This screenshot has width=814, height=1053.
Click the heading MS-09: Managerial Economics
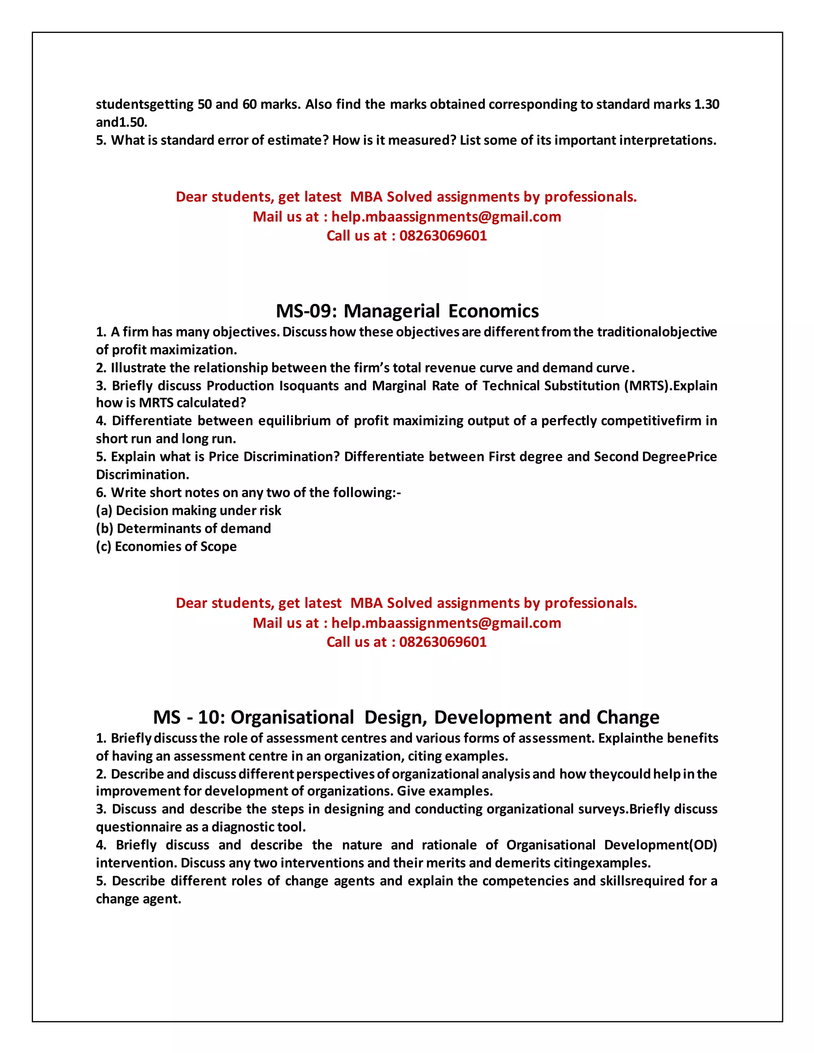tap(407, 311)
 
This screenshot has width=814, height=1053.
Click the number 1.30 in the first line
tap(706, 104)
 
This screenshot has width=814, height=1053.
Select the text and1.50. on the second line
tap(122, 122)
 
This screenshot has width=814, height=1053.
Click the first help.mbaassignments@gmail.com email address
tap(446, 217)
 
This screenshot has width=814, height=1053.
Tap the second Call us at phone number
tap(443, 642)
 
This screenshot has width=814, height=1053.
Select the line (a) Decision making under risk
tap(188, 511)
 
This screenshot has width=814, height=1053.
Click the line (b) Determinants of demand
tap(183, 528)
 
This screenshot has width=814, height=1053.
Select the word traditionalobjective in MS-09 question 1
tap(657, 332)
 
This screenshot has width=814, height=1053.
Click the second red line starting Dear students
tap(406, 603)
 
